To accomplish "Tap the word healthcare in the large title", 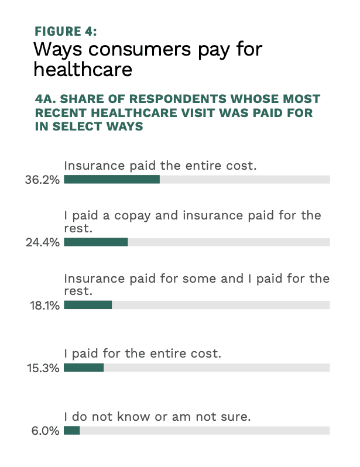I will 83,70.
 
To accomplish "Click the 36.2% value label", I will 46,180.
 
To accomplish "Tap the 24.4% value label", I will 46,242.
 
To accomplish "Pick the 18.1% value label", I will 47,305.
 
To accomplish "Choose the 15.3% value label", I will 46,368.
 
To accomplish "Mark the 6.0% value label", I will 49,431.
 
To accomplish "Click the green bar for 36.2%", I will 112,179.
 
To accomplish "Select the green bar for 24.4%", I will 95,242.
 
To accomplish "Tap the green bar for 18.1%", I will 88,305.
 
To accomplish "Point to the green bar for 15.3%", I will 84,368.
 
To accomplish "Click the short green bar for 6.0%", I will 71,430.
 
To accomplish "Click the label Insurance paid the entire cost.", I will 160,166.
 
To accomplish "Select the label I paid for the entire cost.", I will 143,354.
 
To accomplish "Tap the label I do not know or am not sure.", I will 157,417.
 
